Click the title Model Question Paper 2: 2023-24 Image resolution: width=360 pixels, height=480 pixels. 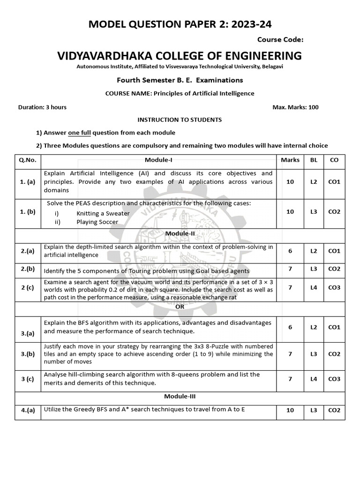(x=180, y=24)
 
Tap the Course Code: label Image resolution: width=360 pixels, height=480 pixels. (x=280, y=40)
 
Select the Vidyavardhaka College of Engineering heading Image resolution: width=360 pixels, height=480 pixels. (x=180, y=56)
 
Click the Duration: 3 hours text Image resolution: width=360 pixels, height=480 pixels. (x=42, y=107)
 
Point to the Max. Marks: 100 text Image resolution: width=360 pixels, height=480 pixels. (x=295, y=107)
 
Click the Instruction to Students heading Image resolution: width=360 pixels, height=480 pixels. (x=180, y=120)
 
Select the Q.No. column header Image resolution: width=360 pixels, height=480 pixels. (x=28, y=160)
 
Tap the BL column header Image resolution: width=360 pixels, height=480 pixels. (x=314, y=160)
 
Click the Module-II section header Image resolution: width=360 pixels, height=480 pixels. (x=180, y=233)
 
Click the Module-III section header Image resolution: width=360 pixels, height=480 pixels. (x=180, y=396)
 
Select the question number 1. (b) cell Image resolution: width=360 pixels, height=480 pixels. (x=28, y=211)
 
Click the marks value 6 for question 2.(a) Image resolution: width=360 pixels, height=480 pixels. (x=290, y=251)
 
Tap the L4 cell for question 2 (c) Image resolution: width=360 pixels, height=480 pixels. (x=314, y=287)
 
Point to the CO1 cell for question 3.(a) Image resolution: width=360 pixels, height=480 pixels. (x=334, y=327)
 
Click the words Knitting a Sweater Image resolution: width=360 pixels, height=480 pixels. (x=103, y=213)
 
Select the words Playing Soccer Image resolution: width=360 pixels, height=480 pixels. (x=97, y=222)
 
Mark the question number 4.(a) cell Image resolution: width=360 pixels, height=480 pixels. (x=28, y=411)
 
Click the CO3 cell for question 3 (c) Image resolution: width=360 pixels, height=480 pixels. (x=334, y=379)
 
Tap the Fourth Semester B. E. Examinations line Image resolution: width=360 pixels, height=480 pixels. (x=180, y=80)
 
